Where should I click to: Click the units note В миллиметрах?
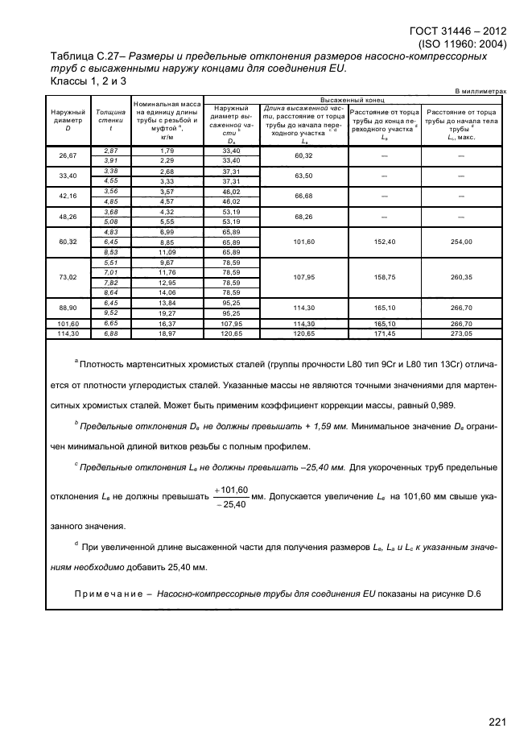tap(480, 93)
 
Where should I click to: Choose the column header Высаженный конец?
tap(354, 100)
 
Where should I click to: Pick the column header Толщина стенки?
tap(110, 121)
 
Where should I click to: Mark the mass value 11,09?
tap(167, 252)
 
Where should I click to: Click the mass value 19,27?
tap(167, 313)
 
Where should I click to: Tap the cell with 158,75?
tap(383, 278)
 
